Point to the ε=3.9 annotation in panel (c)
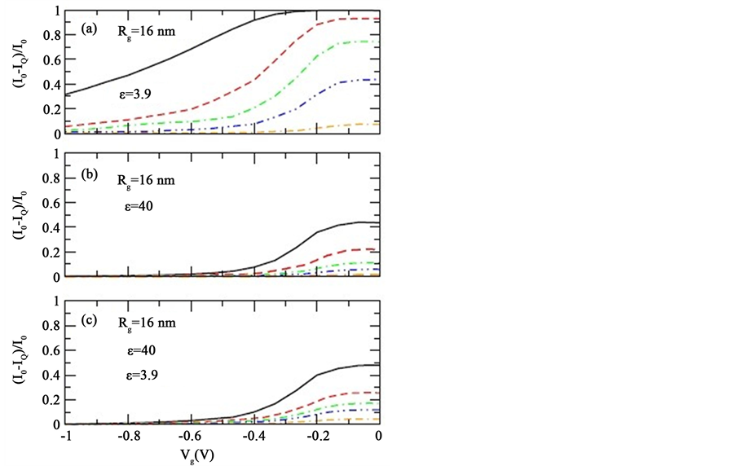click(136, 376)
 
